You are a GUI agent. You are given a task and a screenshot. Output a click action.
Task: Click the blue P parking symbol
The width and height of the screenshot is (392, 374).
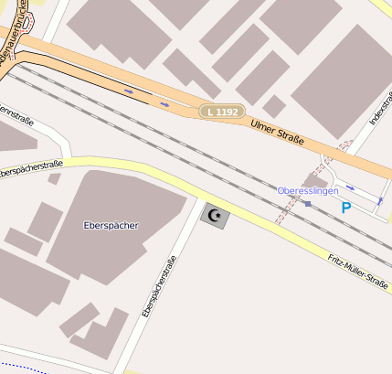click(x=345, y=208)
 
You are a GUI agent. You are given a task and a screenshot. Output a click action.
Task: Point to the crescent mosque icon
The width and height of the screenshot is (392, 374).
click(x=216, y=216)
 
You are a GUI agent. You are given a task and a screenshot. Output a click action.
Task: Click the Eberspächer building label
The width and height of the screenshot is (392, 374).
click(x=110, y=225)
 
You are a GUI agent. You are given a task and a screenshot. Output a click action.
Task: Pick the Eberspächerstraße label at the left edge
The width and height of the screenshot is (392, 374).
click(x=30, y=168)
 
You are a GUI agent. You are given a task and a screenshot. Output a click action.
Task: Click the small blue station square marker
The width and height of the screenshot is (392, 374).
click(x=308, y=203)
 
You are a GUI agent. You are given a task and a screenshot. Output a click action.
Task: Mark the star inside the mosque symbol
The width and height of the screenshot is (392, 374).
click(x=218, y=217)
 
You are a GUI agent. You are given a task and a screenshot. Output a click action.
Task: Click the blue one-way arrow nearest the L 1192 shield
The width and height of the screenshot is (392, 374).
click(x=164, y=103)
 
